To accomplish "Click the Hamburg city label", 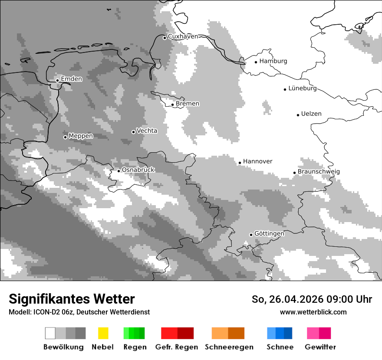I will [273, 61].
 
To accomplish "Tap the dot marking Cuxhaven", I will [165, 38].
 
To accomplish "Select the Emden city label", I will [71, 79].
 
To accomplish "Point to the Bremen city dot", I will [172, 105].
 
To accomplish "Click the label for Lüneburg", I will [302, 88].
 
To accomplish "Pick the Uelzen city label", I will [311, 114].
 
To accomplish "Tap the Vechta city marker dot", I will [133, 132].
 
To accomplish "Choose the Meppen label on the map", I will [81, 136].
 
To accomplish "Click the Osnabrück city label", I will [138, 170].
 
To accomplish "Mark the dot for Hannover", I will [240, 163].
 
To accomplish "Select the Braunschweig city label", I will [319, 172].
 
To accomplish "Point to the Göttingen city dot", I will [251, 235].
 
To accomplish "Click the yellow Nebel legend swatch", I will [103, 333].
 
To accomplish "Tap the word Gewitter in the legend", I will [320, 347].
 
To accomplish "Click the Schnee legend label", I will [280, 347].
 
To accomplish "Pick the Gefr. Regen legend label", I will [177, 347].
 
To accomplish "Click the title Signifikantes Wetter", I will [72, 299].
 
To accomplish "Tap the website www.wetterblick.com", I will [313, 312].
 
